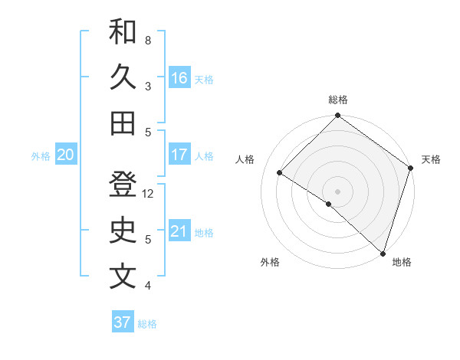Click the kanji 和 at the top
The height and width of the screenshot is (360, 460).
coord(123,31)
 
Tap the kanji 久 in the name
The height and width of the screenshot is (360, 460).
coord(123,77)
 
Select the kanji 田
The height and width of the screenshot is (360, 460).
coord(123,123)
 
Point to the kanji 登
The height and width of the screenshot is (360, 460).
coord(123,186)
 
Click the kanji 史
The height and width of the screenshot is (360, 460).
coord(123,231)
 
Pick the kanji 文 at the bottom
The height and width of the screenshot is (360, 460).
coord(123,277)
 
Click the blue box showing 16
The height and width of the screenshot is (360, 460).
coord(179,78)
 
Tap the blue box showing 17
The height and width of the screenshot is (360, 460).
coord(179,155)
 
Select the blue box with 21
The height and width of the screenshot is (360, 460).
coord(179,231)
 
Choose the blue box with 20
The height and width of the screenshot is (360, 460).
coord(65,155)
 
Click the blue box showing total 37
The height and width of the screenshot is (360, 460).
coord(123,322)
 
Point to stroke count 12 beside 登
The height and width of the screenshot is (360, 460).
coord(149,194)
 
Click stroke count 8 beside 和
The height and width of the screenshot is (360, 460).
coord(148,40)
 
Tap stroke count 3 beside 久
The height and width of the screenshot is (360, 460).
coord(148,87)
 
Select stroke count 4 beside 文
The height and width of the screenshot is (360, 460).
coord(148,286)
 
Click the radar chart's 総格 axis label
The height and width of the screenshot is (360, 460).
coord(338,100)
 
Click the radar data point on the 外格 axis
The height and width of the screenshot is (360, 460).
coord(328,204)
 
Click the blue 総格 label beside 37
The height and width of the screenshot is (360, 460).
coord(147,324)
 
